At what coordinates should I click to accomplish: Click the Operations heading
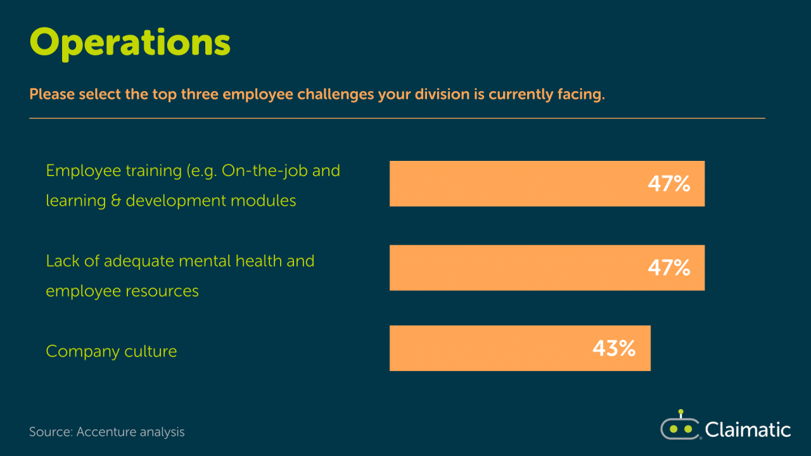point(130,44)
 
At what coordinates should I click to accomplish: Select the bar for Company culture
point(520,348)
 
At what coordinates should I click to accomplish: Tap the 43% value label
point(614,348)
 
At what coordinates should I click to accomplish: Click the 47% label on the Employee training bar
point(669,184)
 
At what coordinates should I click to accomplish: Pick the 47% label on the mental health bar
point(669,268)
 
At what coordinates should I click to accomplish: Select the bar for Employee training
point(547,184)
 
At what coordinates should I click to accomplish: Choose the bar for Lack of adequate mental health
point(547,268)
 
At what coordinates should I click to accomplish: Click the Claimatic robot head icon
point(680,426)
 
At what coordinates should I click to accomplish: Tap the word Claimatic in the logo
point(748,430)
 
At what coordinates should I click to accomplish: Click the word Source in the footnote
point(51,432)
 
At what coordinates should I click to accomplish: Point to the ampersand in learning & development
point(116,201)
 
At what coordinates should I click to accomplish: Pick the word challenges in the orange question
point(335,95)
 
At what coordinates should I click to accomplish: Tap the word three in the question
point(200,94)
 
